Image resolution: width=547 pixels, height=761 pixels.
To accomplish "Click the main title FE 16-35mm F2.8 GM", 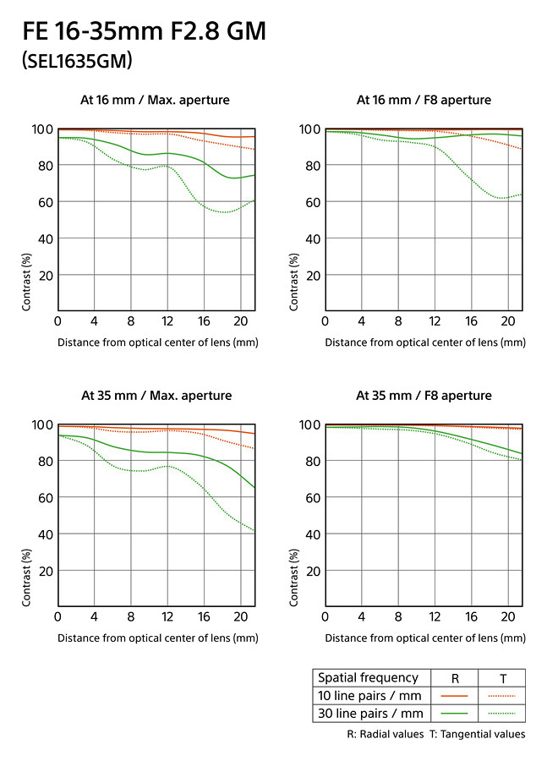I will click(145, 32).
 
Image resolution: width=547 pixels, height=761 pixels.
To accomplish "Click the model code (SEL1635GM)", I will click(78, 61).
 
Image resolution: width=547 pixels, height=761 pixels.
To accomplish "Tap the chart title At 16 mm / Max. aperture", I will click(155, 101).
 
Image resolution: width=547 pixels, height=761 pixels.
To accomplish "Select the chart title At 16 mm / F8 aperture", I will click(424, 101).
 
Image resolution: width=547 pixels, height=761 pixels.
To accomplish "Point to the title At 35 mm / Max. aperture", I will click(156, 396).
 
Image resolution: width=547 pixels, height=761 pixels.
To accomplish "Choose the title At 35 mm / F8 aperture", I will click(424, 396).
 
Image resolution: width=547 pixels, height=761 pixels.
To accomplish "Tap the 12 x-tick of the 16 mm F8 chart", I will click(435, 321).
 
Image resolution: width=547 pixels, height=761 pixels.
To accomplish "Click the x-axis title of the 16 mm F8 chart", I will click(424, 342).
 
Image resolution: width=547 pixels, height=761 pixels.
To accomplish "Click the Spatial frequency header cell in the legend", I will click(367, 677).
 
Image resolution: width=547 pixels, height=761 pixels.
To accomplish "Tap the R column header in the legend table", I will click(456, 677).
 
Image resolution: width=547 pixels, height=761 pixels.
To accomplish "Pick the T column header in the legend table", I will click(502, 677).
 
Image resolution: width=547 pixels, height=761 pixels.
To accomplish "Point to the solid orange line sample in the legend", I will click(456, 695).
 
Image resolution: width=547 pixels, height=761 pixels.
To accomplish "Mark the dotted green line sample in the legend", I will click(502, 712).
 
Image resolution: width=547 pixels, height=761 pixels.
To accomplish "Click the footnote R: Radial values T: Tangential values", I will click(436, 734).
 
